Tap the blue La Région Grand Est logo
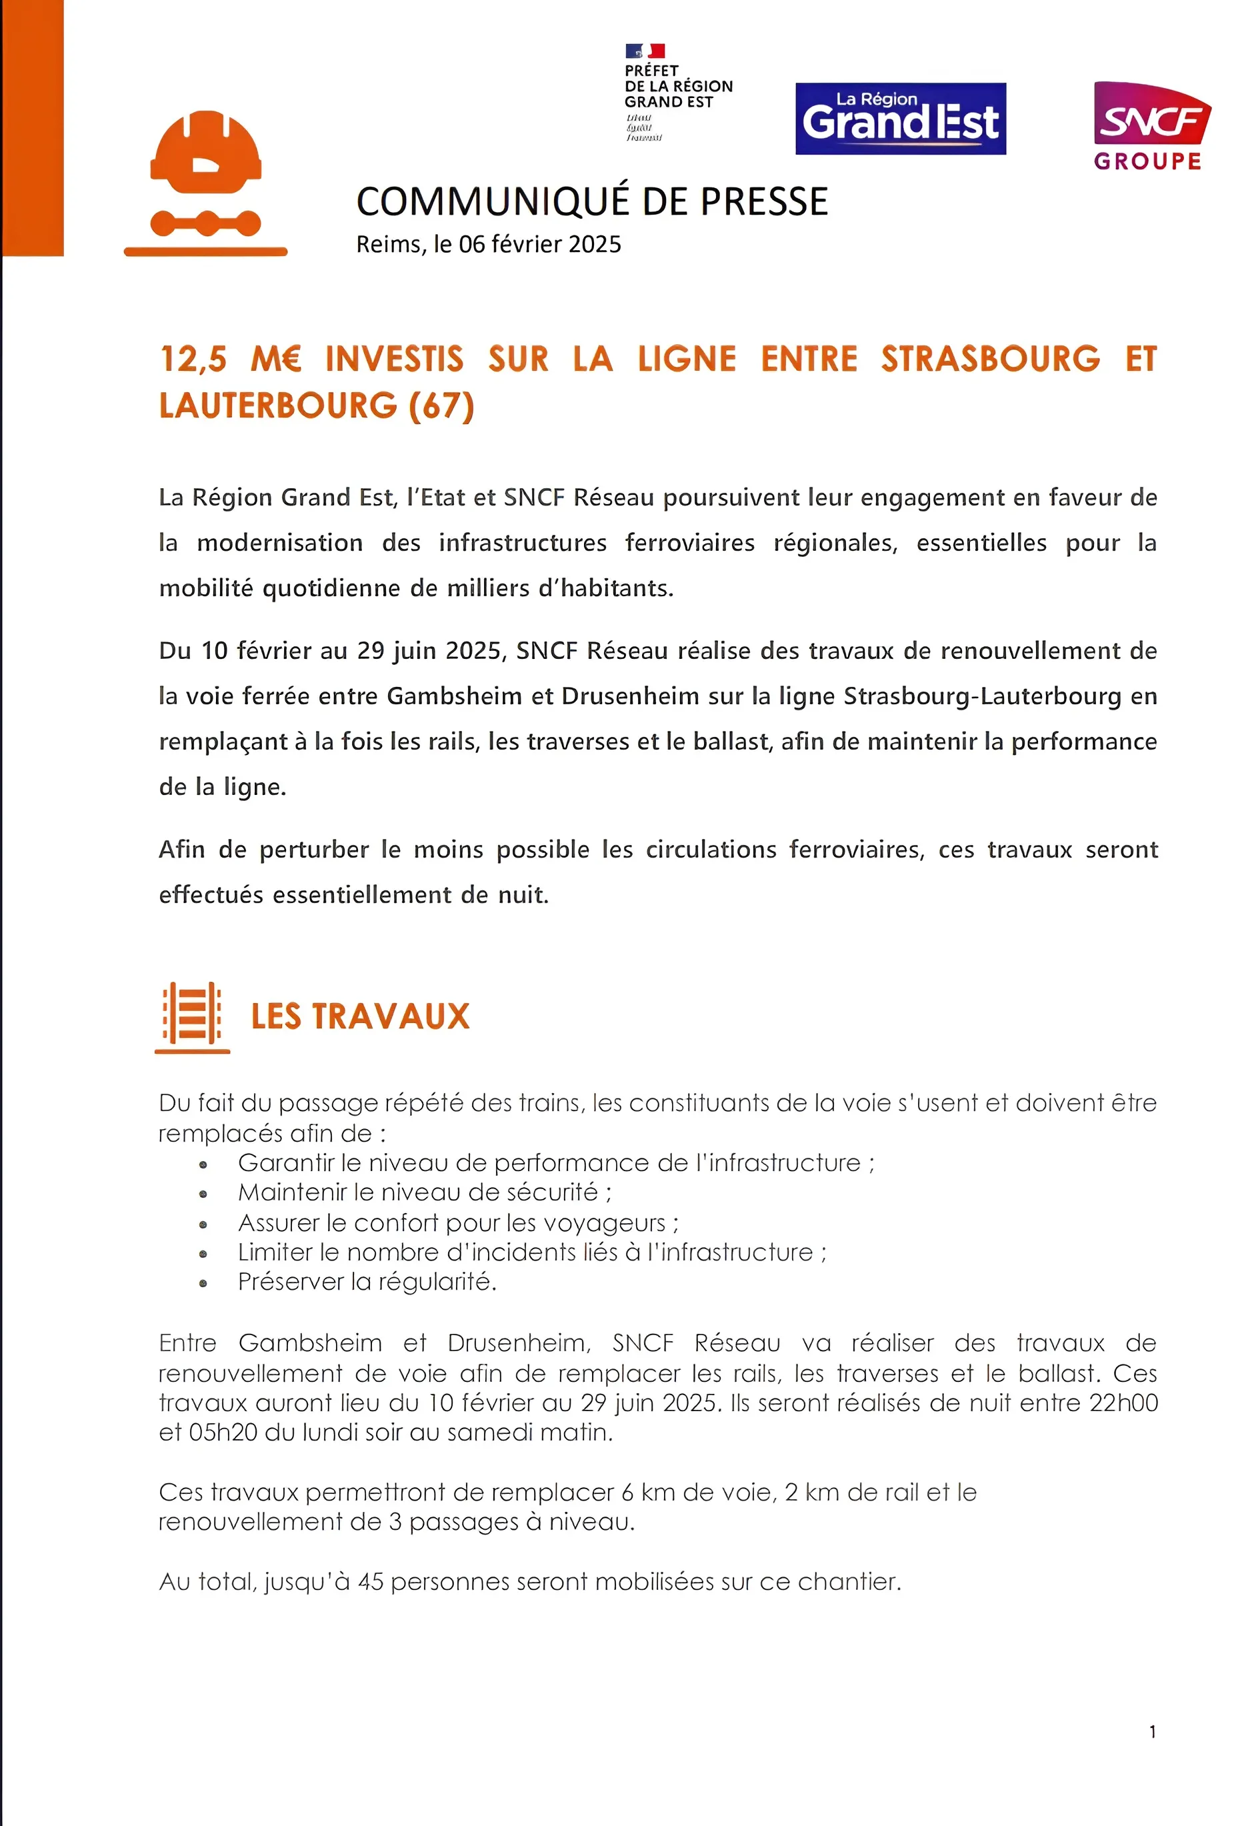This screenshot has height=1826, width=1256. (x=900, y=119)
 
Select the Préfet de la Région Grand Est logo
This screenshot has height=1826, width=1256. (x=677, y=92)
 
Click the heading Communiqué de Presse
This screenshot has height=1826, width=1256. (x=592, y=201)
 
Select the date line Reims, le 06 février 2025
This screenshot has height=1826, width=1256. (x=488, y=245)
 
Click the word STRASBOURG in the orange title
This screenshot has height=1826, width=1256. (x=990, y=359)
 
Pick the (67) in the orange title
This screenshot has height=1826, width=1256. (x=441, y=406)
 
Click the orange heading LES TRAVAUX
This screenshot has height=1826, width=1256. (x=359, y=1016)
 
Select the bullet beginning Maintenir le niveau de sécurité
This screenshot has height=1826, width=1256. (x=424, y=1192)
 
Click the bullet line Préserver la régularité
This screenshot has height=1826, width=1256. (x=367, y=1282)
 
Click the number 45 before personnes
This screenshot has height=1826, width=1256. (x=370, y=1582)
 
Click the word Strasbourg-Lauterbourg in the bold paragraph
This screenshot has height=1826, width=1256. (x=982, y=696)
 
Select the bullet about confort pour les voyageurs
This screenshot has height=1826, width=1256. (x=458, y=1222)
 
